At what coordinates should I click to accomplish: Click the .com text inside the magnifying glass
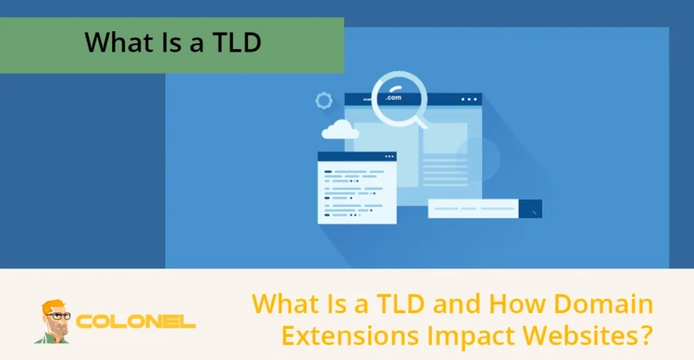pyautogui.click(x=394, y=98)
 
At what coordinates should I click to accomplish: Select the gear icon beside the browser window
pyautogui.click(x=324, y=101)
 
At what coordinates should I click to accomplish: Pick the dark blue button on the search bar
pyautogui.click(x=530, y=209)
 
